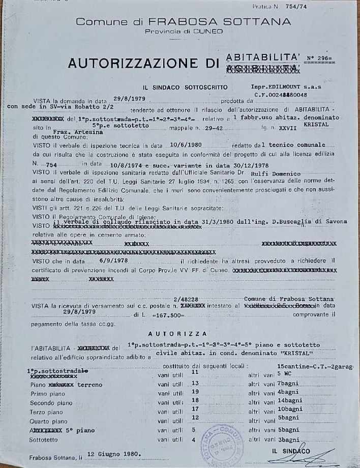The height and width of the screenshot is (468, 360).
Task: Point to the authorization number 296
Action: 322,58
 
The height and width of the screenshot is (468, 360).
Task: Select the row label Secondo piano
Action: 50,402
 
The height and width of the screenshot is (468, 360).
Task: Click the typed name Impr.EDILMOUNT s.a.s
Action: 280,86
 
